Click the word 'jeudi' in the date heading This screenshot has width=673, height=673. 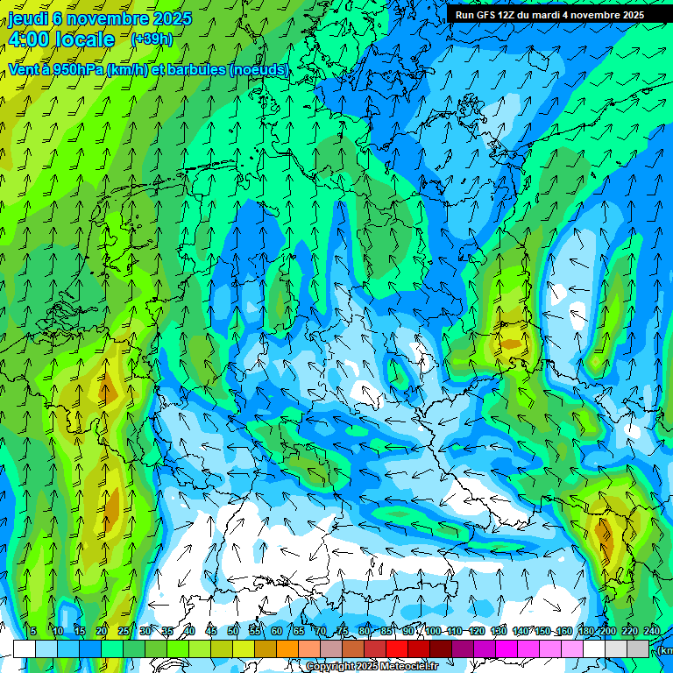[x=28, y=18]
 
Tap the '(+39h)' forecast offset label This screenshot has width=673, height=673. [x=152, y=39]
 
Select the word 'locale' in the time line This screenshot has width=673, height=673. [x=84, y=40]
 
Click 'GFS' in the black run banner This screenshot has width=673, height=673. [x=493, y=15]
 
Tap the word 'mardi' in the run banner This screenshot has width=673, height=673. [x=559, y=15]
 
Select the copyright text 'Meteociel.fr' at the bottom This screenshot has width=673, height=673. [x=404, y=667]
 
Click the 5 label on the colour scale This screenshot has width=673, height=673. [x=33, y=632]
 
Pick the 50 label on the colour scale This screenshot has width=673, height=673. [x=233, y=632]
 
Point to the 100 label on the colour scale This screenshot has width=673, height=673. [x=432, y=632]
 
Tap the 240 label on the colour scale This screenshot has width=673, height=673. [x=652, y=632]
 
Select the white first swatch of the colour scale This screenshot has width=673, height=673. [x=25, y=648]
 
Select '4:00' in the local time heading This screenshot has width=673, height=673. [x=27, y=40]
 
